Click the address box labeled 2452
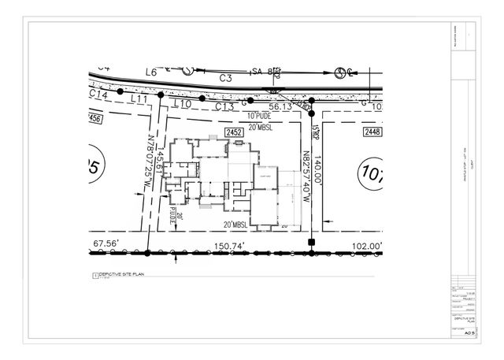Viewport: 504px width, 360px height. pyautogui.click(x=233, y=132)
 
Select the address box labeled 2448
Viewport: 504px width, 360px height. pyautogui.click(x=372, y=132)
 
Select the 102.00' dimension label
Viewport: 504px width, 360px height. pyautogui.click(x=365, y=246)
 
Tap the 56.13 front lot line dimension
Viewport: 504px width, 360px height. pyautogui.click(x=280, y=106)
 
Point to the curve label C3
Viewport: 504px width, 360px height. pyautogui.click(x=225, y=78)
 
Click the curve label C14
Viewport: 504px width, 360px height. pyautogui.click(x=99, y=94)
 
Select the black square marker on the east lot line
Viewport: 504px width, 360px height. pyautogui.click(x=311, y=241)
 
